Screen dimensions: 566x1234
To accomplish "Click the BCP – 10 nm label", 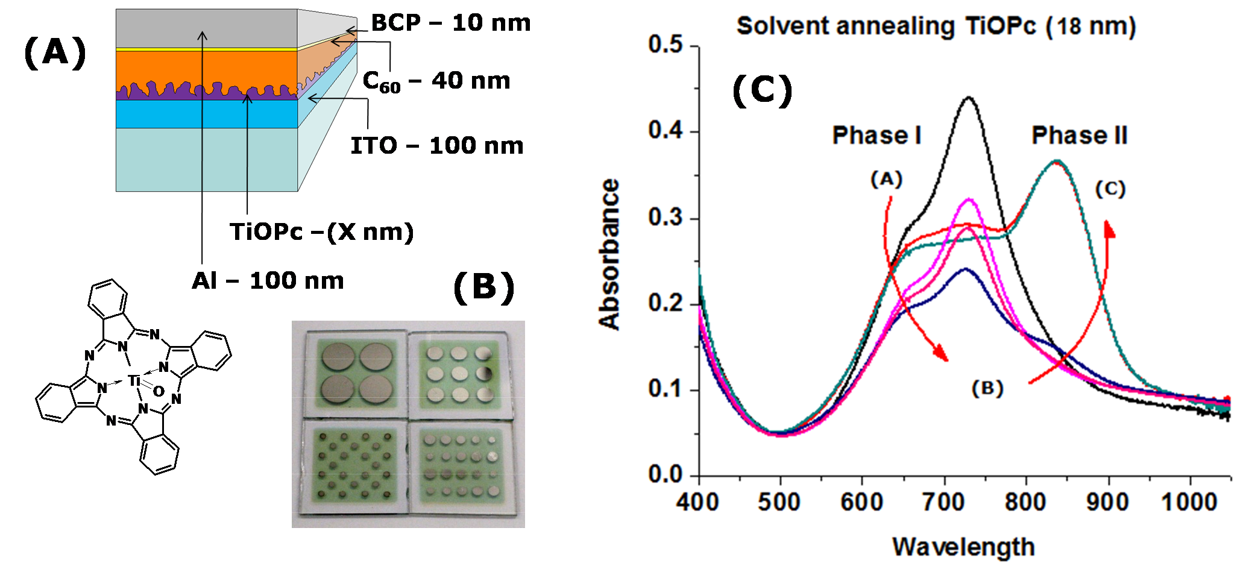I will click(x=450, y=24).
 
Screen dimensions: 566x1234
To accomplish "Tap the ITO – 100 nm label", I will click(x=437, y=146).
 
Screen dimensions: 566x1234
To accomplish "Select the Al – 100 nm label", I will click(x=268, y=281).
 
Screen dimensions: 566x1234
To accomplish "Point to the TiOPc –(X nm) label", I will click(x=321, y=232).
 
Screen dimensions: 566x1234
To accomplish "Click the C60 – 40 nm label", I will click(x=436, y=81).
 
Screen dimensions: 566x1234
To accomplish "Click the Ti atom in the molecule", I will click(x=134, y=380).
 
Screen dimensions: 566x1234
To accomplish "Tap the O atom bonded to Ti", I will click(x=159, y=392).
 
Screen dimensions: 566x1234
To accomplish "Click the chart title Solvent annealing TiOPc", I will click(x=936, y=27).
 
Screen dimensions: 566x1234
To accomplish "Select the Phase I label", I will click(x=877, y=136).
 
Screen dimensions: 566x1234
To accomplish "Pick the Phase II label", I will click(x=1079, y=136).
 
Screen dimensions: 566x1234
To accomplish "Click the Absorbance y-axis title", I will click(x=609, y=254).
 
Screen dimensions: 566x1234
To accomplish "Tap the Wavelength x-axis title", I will click(x=963, y=547).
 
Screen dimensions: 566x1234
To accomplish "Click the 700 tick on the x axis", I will click(x=943, y=502).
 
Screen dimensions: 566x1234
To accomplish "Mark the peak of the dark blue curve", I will click(x=966, y=269).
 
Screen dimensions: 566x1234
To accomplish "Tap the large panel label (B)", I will click(x=483, y=288).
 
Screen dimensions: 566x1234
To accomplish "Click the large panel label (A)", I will click(x=55, y=52).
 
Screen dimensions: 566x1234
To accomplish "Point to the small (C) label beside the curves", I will click(x=1110, y=189).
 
